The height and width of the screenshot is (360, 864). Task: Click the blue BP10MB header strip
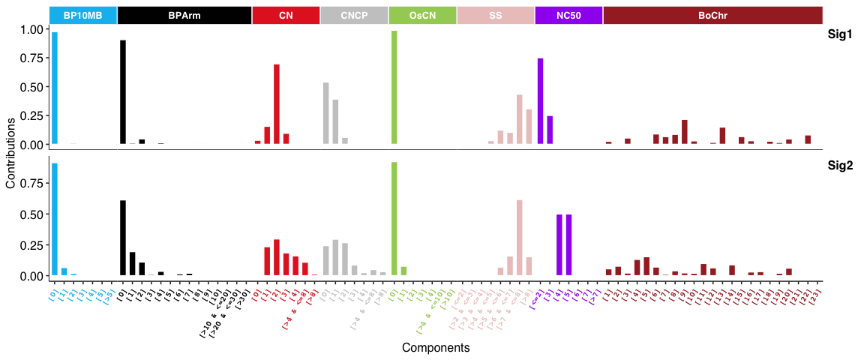click(82, 15)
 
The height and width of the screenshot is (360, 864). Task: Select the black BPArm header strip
click(184, 15)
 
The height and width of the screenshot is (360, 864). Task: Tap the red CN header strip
click(286, 15)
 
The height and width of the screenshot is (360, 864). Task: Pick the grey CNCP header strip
click(354, 15)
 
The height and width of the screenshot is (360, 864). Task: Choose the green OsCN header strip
click(422, 15)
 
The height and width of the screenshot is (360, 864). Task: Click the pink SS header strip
click(496, 15)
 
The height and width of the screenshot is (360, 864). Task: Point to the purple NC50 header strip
click(568, 15)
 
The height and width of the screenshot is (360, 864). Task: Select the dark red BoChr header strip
click(712, 15)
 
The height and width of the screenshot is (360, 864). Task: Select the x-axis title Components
click(436, 348)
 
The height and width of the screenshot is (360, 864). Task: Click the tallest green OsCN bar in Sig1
click(394, 87)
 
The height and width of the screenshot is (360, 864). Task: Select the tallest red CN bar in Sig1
click(277, 104)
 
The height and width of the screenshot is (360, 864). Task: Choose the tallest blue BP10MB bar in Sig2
click(55, 219)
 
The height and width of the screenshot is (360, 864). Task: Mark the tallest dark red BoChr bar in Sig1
click(685, 132)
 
